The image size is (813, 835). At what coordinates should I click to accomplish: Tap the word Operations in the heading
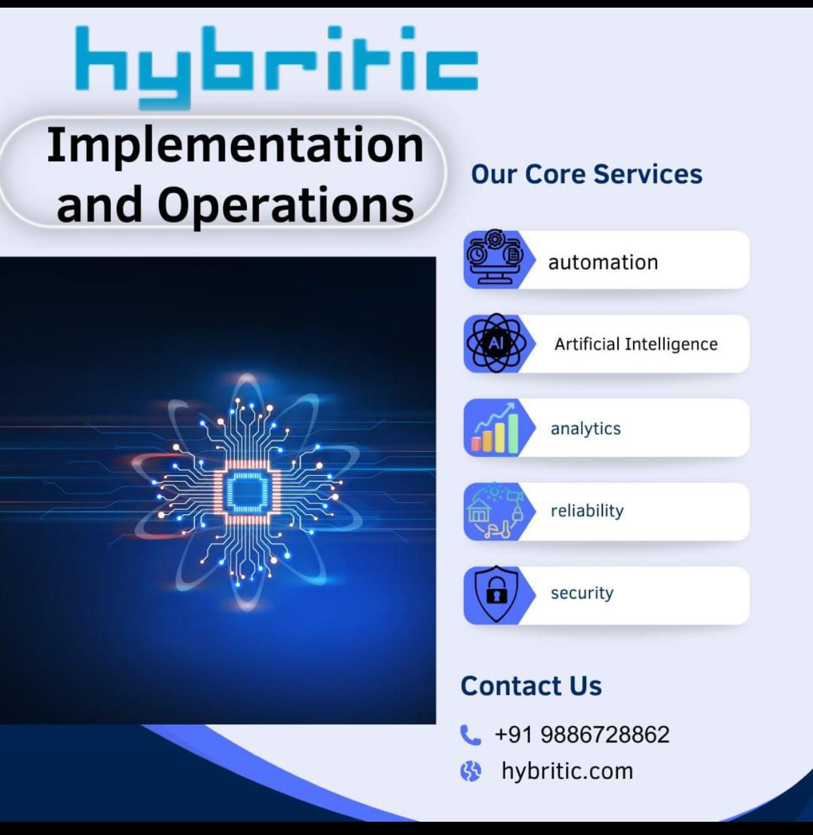pyautogui.click(x=286, y=206)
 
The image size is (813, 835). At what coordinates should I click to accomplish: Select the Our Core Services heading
pyautogui.click(x=587, y=174)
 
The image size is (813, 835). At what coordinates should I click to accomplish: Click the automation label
pyautogui.click(x=603, y=262)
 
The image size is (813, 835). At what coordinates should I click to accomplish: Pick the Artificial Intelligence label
pyautogui.click(x=636, y=344)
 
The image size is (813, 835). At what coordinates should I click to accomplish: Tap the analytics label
pyautogui.click(x=585, y=428)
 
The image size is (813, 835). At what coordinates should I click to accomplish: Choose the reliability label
pyautogui.click(x=587, y=511)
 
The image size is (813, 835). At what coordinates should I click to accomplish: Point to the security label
pyautogui.click(x=582, y=594)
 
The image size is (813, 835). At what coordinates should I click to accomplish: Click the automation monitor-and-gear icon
pyautogui.click(x=495, y=256)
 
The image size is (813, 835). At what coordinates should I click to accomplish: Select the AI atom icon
pyautogui.click(x=496, y=343)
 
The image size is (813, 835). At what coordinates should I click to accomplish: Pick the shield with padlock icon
pyautogui.click(x=497, y=594)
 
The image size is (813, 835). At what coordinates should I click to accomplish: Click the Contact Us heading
pyautogui.click(x=531, y=686)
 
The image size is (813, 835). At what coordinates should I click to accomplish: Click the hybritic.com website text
pyautogui.click(x=567, y=771)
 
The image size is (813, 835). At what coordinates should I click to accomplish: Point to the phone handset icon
pyautogui.click(x=470, y=735)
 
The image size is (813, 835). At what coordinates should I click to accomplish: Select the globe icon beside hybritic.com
pyautogui.click(x=470, y=771)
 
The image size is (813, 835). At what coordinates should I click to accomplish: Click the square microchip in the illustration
pyautogui.click(x=247, y=491)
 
